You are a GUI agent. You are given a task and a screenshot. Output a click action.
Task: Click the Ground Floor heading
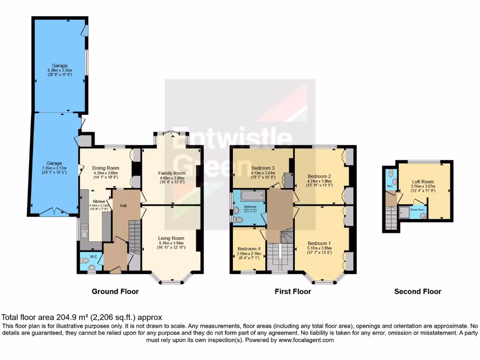click(x=115, y=292)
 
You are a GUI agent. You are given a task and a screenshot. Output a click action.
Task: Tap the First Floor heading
click(x=292, y=292)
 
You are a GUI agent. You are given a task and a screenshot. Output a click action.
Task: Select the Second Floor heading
click(x=417, y=292)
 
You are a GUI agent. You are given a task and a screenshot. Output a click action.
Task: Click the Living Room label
click(x=171, y=238)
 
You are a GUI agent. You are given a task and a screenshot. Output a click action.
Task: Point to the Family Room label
click(x=172, y=173)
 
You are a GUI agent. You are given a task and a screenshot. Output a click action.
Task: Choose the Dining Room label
click(x=105, y=168)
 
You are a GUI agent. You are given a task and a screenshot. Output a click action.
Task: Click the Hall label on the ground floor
click(x=123, y=205)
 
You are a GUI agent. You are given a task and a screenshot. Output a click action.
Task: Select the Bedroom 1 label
click(x=319, y=243)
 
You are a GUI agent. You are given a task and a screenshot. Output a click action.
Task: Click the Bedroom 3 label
click(x=262, y=168)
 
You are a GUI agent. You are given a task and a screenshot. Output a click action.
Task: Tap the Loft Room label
click(x=423, y=181)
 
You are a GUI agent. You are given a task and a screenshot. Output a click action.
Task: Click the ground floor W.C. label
click(x=93, y=256)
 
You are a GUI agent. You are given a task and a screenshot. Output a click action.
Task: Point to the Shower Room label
click(x=418, y=210)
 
